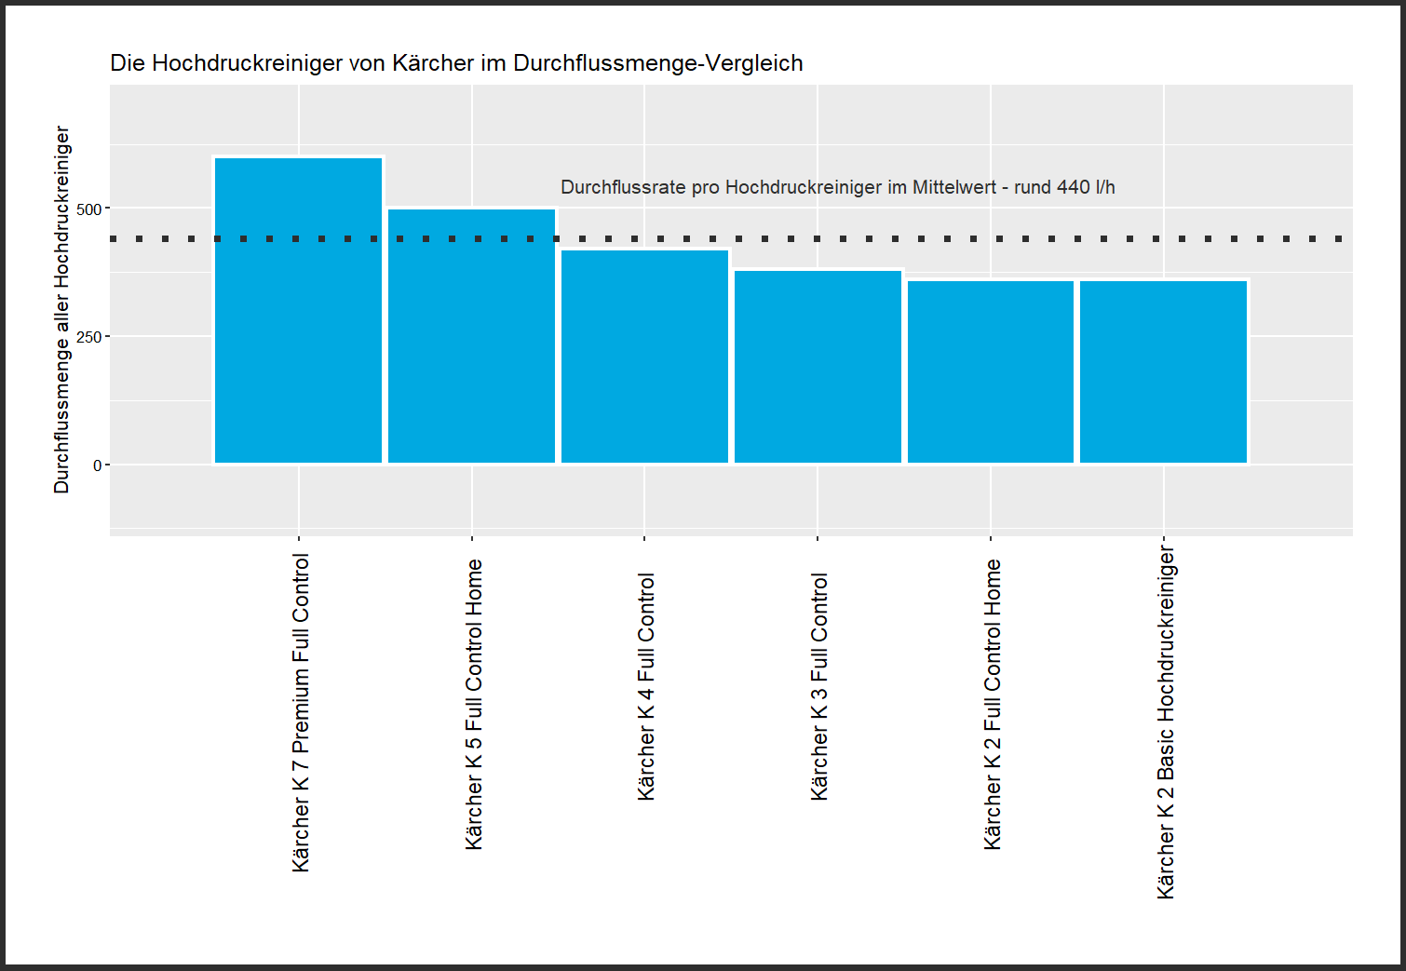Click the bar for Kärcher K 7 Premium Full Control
click(x=298, y=310)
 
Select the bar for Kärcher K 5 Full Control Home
click(x=471, y=336)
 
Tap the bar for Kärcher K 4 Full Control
click(x=644, y=357)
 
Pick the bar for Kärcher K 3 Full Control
click(x=818, y=366)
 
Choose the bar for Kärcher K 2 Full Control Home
click(x=991, y=371)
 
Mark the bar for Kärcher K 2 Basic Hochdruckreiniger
click(x=1163, y=371)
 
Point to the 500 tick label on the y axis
click(x=89, y=209)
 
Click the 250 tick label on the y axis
click(x=89, y=337)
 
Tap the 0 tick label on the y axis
click(x=98, y=465)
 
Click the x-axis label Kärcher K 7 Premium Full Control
click(x=301, y=712)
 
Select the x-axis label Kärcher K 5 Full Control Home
click(x=474, y=704)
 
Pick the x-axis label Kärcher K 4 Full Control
click(x=646, y=686)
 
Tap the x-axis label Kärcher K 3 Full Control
click(x=819, y=686)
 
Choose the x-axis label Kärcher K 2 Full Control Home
click(x=993, y=704)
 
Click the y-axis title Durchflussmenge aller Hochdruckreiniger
click(x=61, y=309)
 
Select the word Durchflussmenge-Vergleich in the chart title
click(x=657, y=63)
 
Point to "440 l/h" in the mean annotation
click(x=1086, y=187)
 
